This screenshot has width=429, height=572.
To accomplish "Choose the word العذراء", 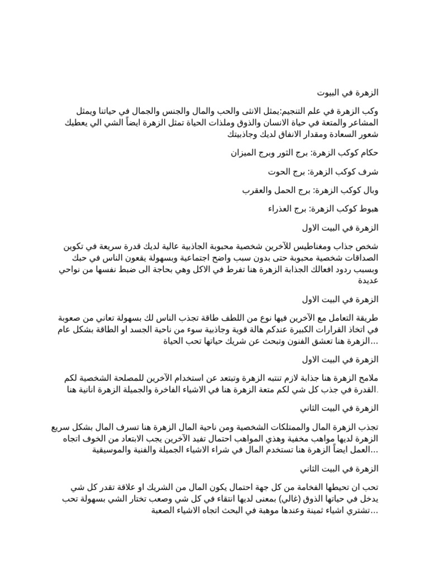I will tap(280, 209).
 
